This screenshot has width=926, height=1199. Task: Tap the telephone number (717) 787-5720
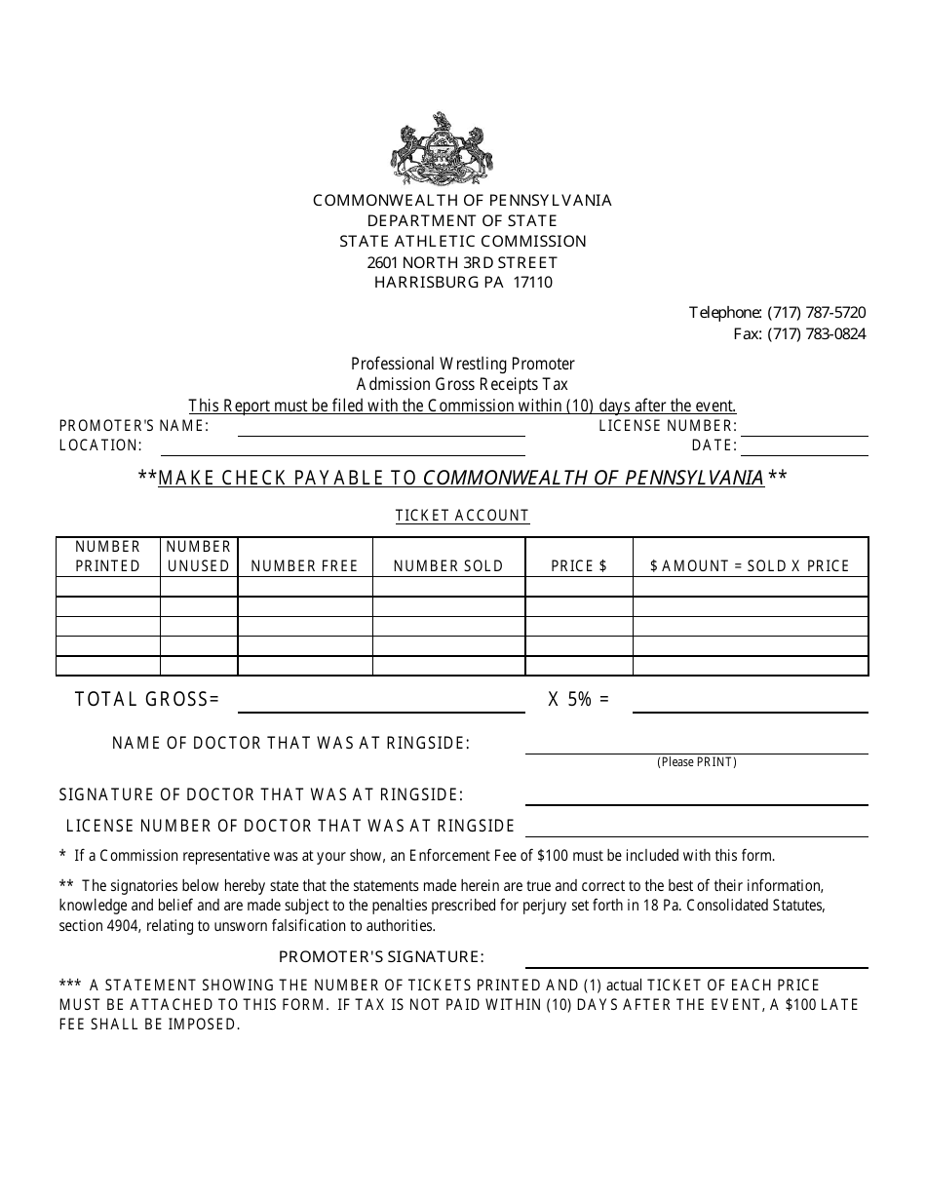[x=816, y=313]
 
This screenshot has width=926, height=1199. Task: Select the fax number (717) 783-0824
[x=816, y=334]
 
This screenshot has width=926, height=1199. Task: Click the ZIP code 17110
[x=532, y=283]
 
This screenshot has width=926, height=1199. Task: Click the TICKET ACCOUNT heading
[x=462, y=516]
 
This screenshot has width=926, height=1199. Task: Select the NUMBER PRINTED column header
[x=108, y=556]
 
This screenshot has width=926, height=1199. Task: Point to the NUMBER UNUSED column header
[x=199, y=556]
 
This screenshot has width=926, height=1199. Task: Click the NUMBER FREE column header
[x=305, y=565]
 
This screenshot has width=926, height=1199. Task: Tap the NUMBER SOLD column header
[x=448, y=565]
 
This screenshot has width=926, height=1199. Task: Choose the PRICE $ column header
[x=579, y=565]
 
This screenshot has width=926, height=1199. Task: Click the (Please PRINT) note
[x=696, y=762]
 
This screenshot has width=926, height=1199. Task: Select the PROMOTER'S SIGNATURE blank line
[x=696, y=963]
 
